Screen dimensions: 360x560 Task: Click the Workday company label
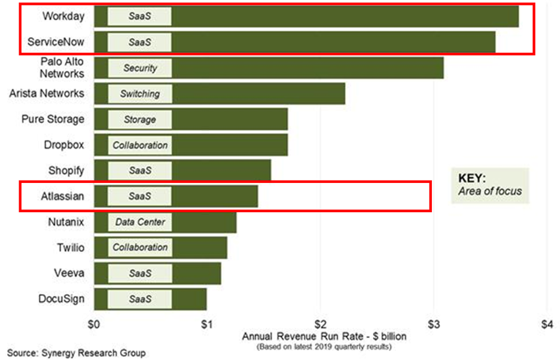tap(63, 16)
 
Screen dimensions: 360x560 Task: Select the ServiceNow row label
tap(56, 42)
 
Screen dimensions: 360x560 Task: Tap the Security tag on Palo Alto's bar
tap(140, 68)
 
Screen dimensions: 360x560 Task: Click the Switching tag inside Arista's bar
tap(140, 94)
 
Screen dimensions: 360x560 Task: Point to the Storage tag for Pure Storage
tap(140, 120)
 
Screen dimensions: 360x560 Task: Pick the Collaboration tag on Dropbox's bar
tap(140, 145)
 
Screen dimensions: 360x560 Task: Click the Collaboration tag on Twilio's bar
tap(140, 248)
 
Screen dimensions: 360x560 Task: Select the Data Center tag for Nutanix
tap(140, 222)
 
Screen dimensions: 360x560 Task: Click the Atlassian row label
tap(63, 196)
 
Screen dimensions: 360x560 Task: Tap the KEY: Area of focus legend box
tap(490, 185)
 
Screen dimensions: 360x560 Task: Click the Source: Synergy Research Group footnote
tap(76, 353)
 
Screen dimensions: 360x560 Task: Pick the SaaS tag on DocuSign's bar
tap(140, 299)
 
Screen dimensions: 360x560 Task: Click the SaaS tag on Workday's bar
tap(140, 17)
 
